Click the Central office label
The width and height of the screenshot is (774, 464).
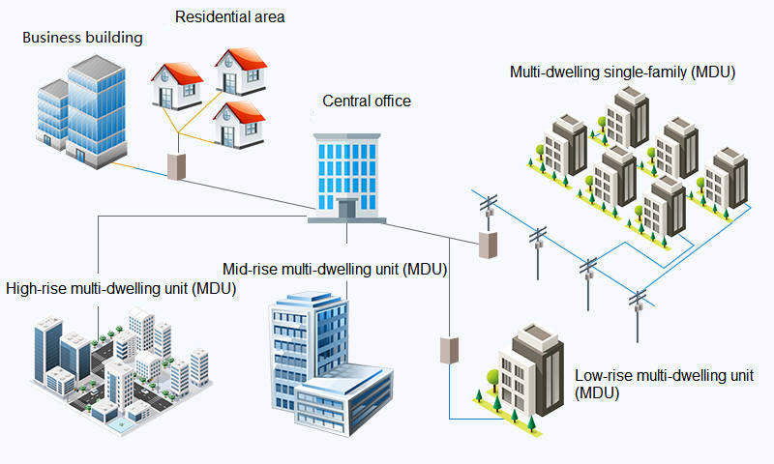[367, 101]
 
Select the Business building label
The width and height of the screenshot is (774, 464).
[82, 38]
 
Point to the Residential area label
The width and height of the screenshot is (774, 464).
[230, 16]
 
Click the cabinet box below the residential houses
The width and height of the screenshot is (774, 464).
[176, 165]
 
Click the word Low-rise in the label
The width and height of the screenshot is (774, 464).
[604, 375]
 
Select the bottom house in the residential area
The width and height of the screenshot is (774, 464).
[237, 123]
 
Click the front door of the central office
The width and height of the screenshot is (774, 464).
[346, 208]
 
